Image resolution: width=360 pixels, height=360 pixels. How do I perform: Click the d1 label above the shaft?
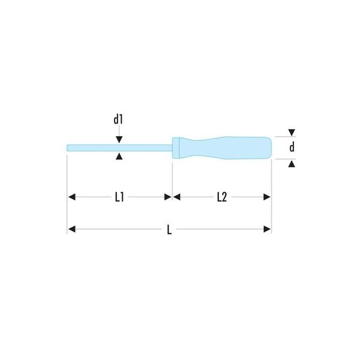coord(118,119)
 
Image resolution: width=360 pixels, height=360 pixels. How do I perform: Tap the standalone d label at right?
coord(292,147)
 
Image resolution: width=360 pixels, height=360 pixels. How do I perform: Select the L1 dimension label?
coord(119,197)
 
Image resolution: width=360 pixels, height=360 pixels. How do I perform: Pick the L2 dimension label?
coord(222,197)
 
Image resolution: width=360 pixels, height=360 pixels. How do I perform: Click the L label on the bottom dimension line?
coord(169,230)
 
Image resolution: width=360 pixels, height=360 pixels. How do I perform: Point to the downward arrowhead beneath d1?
coord(119,139)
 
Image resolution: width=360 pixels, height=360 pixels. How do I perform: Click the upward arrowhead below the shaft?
coord(119,157)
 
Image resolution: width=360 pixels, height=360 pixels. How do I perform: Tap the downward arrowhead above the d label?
coord(292,133)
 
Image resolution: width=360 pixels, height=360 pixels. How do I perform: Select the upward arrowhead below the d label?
coord(292,164)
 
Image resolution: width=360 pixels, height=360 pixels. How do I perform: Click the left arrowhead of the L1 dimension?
coord(72,197)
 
